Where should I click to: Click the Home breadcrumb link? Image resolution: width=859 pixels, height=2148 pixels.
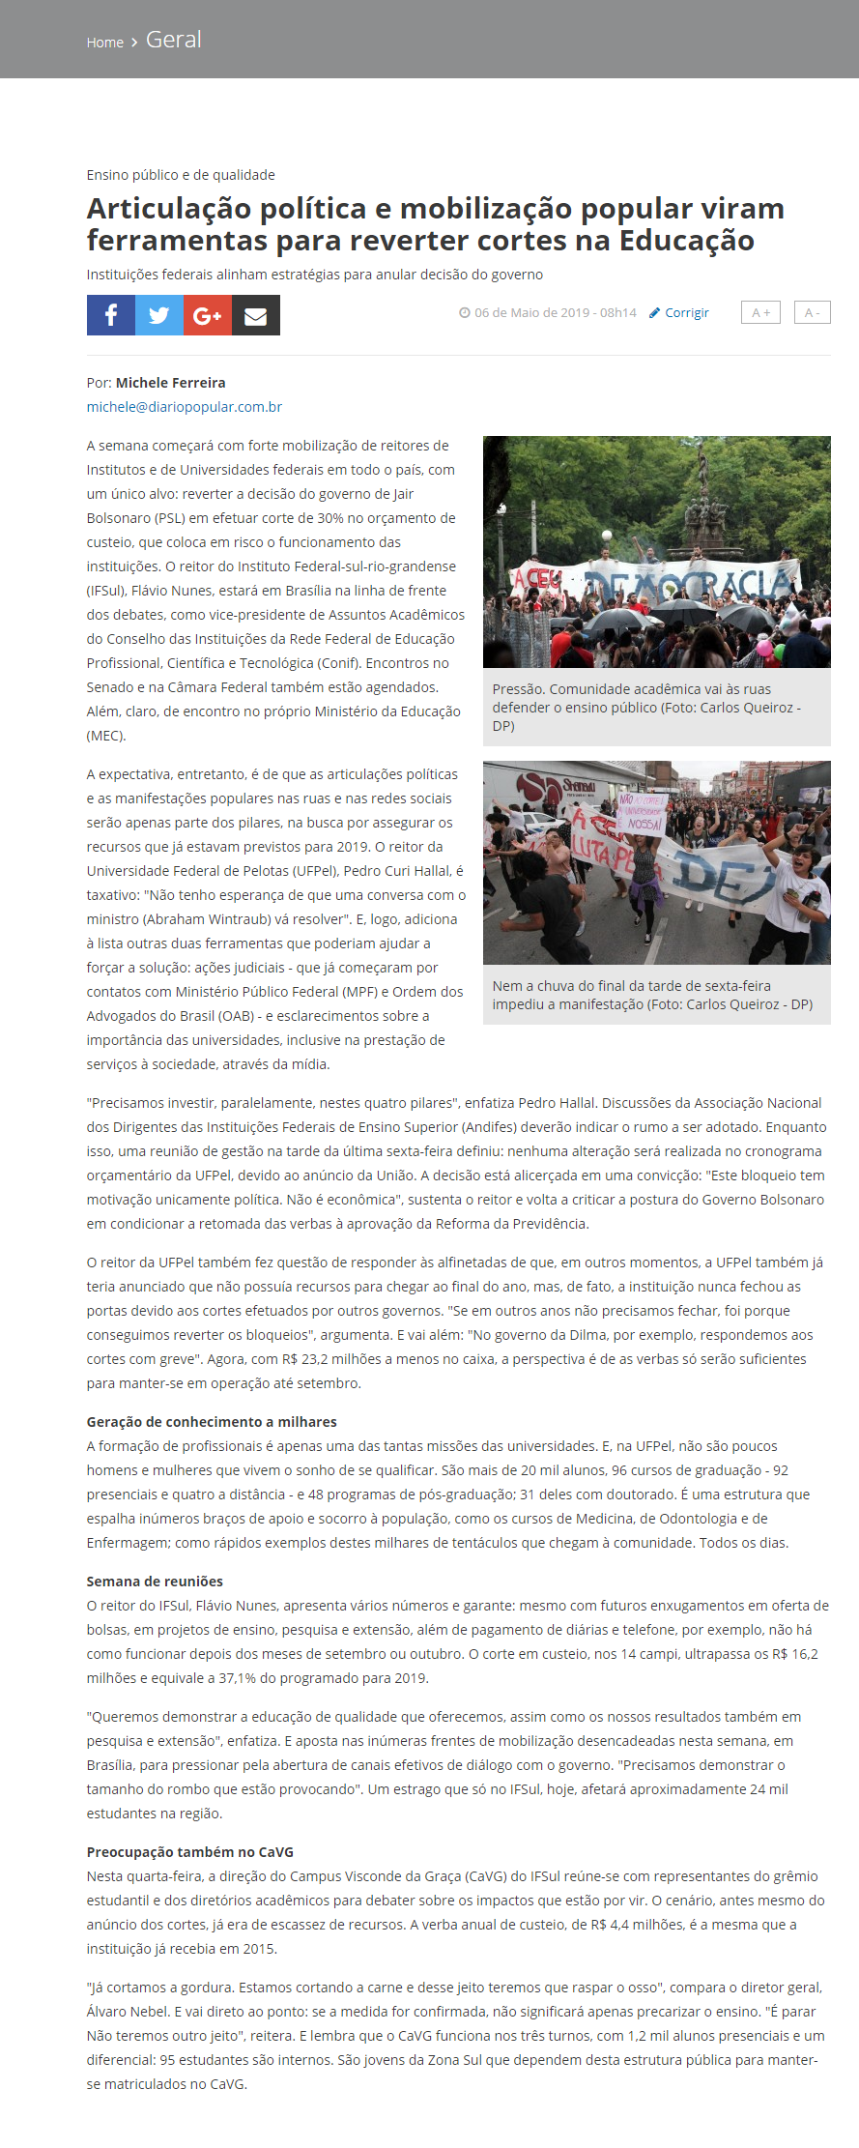(x=104, y=43)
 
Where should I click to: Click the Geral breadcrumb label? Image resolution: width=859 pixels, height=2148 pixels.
(x=174, y=40)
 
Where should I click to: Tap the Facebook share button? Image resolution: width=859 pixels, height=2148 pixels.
(x=111, y=315)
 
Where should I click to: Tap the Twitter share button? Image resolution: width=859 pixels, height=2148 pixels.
(x=159, y=315)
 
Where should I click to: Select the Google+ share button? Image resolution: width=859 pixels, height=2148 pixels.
(x=208, y=315)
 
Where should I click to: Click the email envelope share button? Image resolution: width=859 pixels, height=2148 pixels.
(x=256, y=315)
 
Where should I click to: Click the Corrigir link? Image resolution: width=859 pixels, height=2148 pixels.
(x=686, y=313)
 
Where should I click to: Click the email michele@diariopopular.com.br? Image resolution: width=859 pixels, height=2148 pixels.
(x=185, y=407)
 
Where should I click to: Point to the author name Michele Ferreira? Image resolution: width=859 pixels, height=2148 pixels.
(x=170, y=383)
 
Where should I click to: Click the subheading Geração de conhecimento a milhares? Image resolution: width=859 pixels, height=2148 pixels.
(x=212, y=1422)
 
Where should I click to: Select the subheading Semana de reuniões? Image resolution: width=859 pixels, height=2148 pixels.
(x=155, y=1582)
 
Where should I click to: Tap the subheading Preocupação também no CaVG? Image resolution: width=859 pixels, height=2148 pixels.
(x=190, y=1852)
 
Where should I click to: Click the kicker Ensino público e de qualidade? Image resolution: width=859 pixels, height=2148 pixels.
(x=181, y=175)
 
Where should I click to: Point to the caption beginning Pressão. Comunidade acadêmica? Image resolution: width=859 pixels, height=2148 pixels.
(x=646, y=707)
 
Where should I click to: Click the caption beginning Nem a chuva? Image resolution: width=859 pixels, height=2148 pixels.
(x=652, y=995)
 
